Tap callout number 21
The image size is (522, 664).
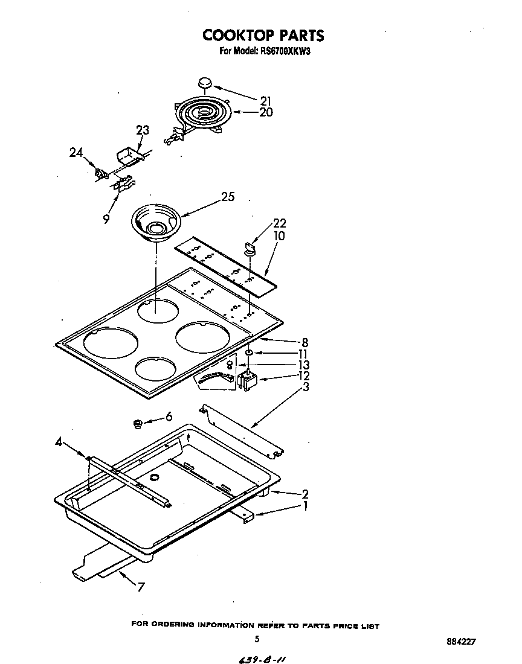coord(266,101)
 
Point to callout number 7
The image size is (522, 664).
coord(140,586)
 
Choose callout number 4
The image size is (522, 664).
coord(58,442)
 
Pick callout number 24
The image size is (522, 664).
coord(76,153)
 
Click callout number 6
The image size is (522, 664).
coord(169,416)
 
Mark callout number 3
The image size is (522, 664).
coord(306,387)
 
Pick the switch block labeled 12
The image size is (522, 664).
coord(248,381)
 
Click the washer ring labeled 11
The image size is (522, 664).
coord(249,353)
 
